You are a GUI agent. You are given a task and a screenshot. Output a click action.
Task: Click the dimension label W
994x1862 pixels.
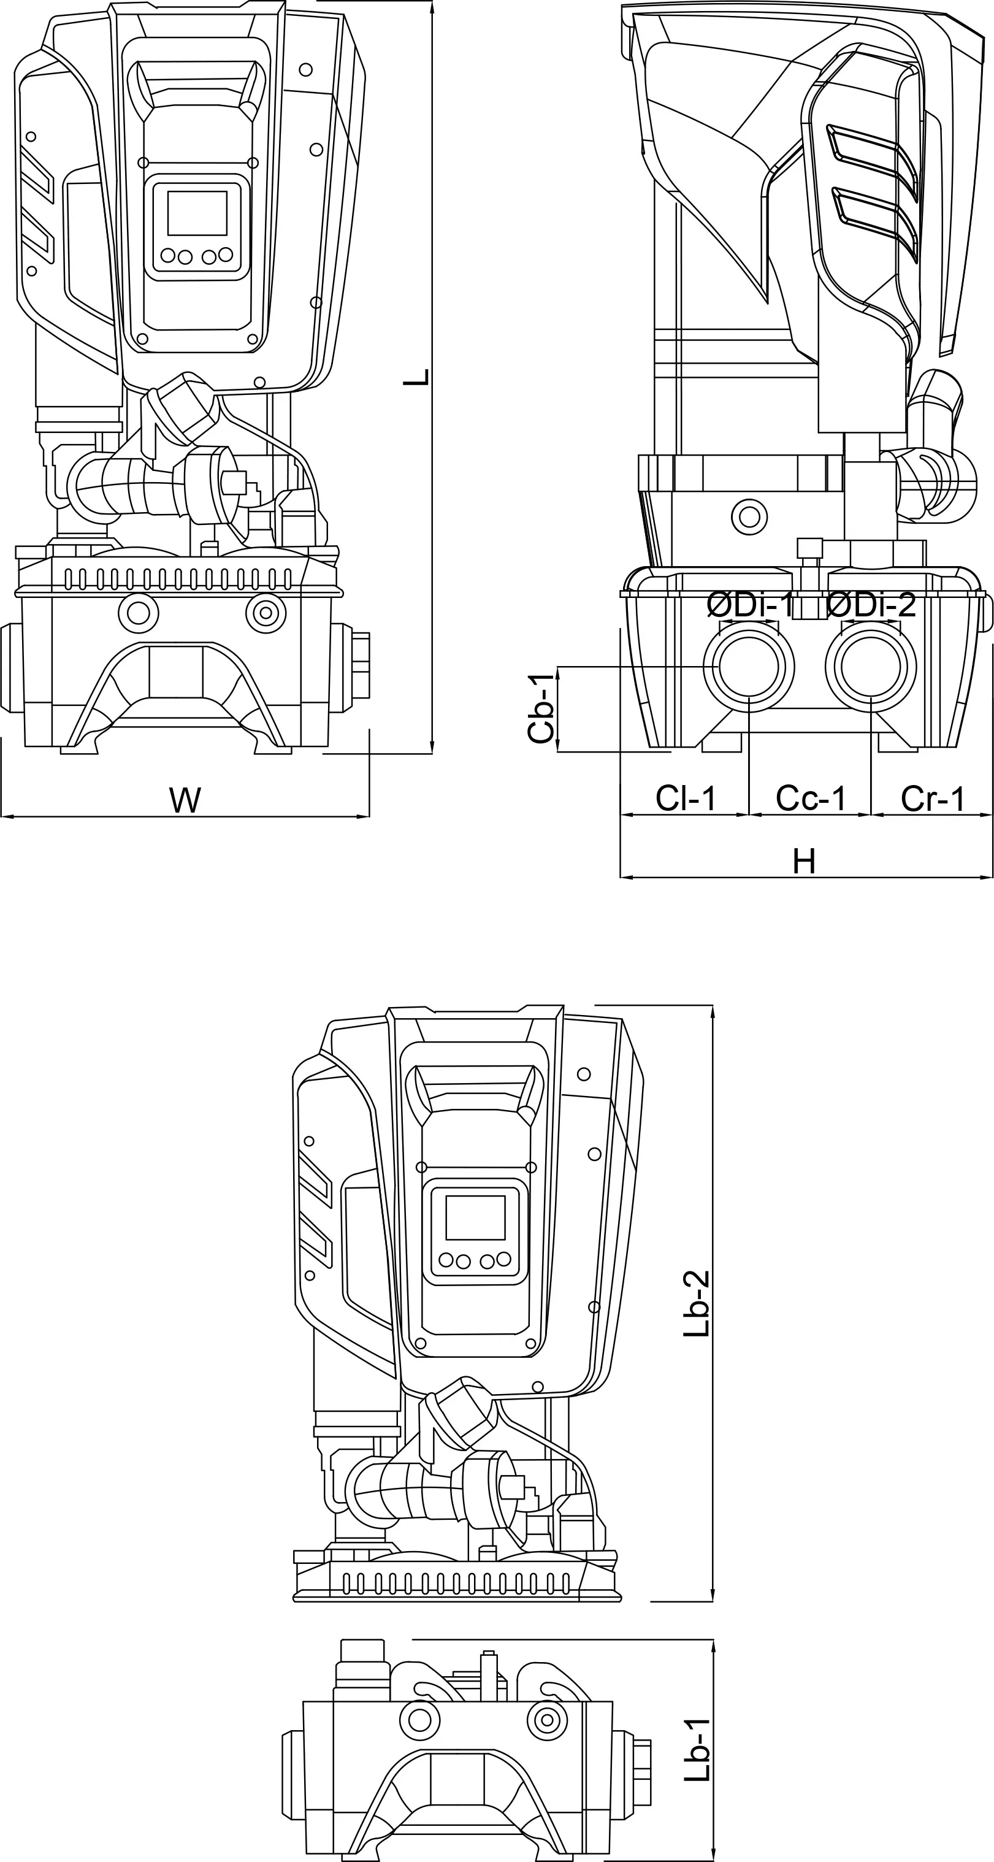[x=185, y=801]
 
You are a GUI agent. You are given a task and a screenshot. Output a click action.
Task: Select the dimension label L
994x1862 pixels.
[x=416, y=377]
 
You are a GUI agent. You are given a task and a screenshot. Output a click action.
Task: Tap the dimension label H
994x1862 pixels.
[x=804, y=862]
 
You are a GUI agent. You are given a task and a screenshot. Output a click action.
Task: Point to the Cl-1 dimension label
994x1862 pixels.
[x=686, y=799]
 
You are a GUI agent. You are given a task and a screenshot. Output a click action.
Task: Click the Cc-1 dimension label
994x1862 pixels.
[x=811, y=799]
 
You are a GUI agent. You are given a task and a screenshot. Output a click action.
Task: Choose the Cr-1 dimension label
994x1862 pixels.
[x=933, y=799]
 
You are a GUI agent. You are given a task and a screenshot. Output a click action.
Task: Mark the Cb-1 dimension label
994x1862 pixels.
[x=541, y=708]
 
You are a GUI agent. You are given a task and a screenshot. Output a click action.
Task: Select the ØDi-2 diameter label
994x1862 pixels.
[x=871, y=605]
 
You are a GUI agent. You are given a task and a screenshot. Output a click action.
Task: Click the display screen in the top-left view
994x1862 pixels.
[x=197, y=213]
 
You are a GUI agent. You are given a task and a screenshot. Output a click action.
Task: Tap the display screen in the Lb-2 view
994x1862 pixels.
[x=475, y=1217]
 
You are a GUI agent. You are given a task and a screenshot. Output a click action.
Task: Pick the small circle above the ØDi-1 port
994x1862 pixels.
[x=749, y=517]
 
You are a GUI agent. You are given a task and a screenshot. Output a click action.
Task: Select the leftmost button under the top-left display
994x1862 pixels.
[x=168, y=255]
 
